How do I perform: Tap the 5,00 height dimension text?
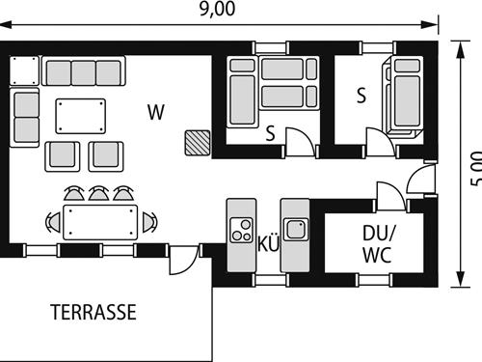(473, 168)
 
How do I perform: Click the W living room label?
(155, 111)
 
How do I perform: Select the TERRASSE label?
(93, 312)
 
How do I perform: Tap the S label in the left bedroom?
(271, 134)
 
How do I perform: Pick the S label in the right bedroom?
(361, 96)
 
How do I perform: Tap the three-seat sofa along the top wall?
(84, 72)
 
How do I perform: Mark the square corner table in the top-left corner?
(25, 71)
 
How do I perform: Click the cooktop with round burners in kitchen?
(239, 232)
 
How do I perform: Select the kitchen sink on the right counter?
(295, 230)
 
